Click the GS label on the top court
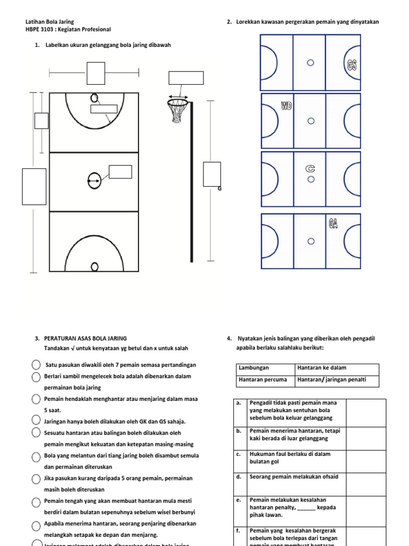(351, 65)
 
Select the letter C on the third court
(310, 169)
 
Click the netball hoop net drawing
(177, 110)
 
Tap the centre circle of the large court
(94, 181)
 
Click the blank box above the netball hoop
(186, 78)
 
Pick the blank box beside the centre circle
(120, 172)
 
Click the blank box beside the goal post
(211, 175)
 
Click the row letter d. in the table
(239, 477)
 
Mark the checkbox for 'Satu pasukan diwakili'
(36, 365)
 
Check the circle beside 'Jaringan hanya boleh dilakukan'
(36, 421)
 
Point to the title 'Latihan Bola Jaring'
(51, 22)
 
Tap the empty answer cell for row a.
(366, 412)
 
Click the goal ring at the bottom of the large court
(95, 266)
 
